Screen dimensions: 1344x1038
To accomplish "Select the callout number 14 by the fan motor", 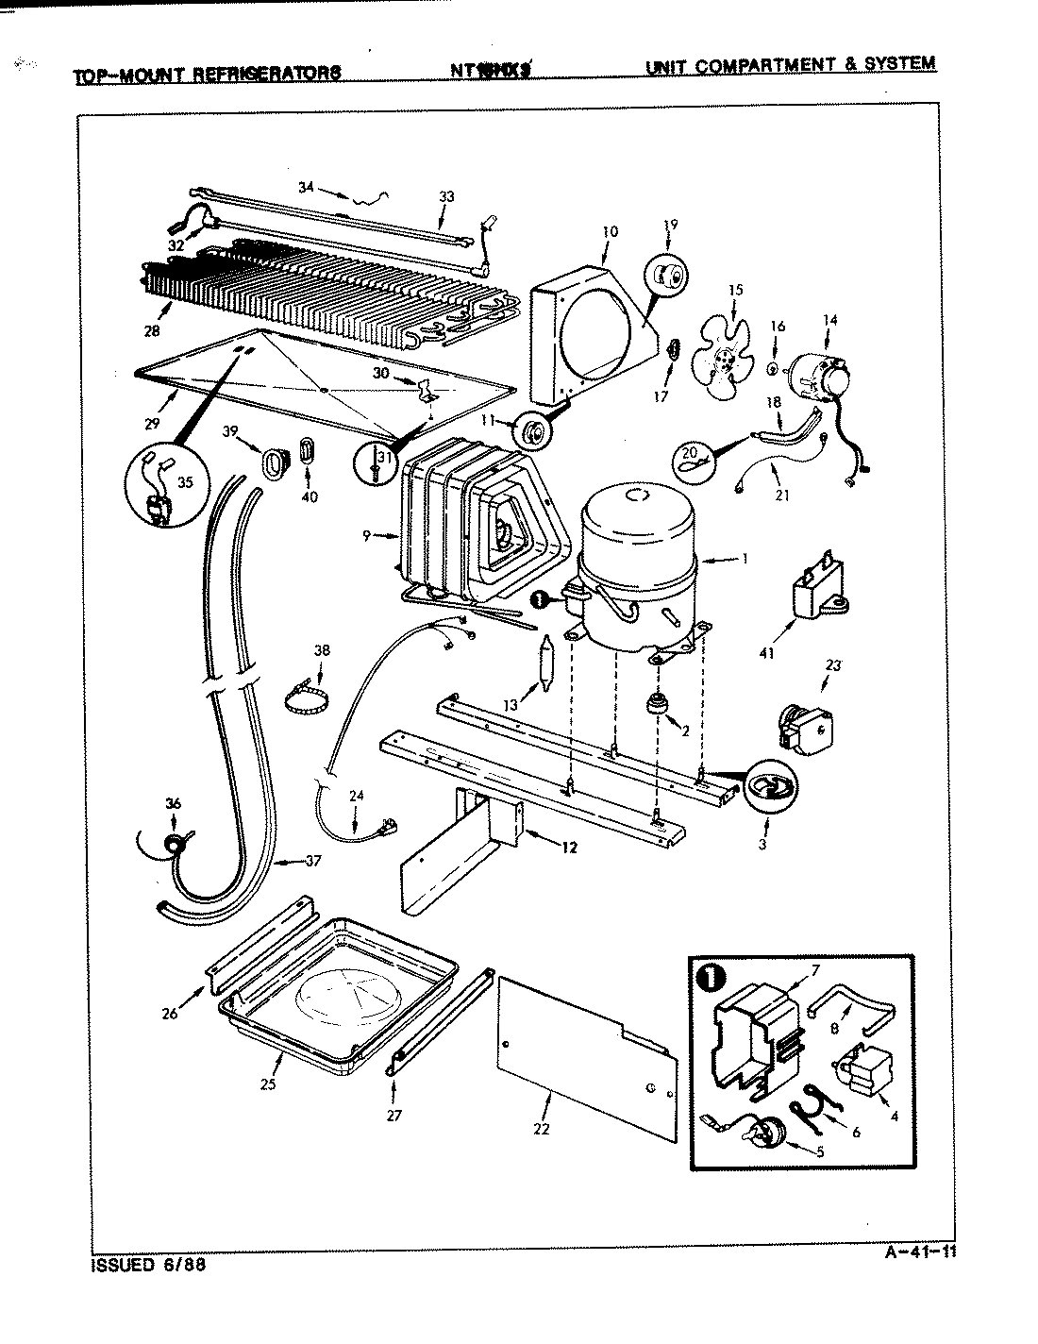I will click(829, 320).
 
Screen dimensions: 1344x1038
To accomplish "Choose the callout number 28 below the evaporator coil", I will click(152, 330).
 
